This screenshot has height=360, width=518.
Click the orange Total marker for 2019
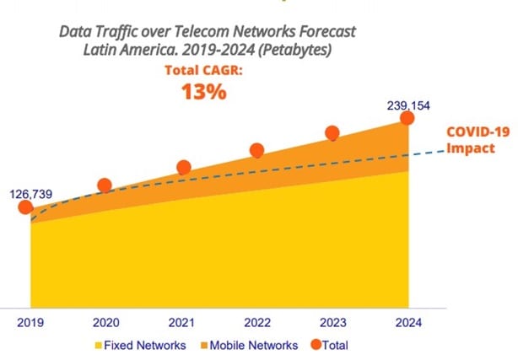[x=25, y=207]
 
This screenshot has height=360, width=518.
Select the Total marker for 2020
[x=105, y=185]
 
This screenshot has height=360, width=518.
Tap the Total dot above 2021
[x=184, y=168]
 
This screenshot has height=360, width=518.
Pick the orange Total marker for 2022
[x=256, y=151]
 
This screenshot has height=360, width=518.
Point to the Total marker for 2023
[x=332, y=133]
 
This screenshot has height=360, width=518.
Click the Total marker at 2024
[x=407, y=118]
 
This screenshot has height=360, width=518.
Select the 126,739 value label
[x=30, y=194]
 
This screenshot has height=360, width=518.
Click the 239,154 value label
[x=408, y=105]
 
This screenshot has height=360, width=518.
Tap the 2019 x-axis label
[x=30, y=322]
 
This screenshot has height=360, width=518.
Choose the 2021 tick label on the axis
[x=181, y=322]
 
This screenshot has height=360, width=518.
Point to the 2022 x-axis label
[x=257, y=322]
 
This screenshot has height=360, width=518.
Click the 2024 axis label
[x=408, y=322]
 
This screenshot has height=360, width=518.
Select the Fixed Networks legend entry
[x=140, y=346]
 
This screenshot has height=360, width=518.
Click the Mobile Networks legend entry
[x=250, y=346]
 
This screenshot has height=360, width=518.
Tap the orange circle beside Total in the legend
[x=316, y=345]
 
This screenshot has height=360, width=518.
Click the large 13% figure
[x=204, y=92]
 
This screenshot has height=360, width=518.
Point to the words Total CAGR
[x=204, y=70]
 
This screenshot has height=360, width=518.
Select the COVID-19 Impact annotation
[x=478, y=140]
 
